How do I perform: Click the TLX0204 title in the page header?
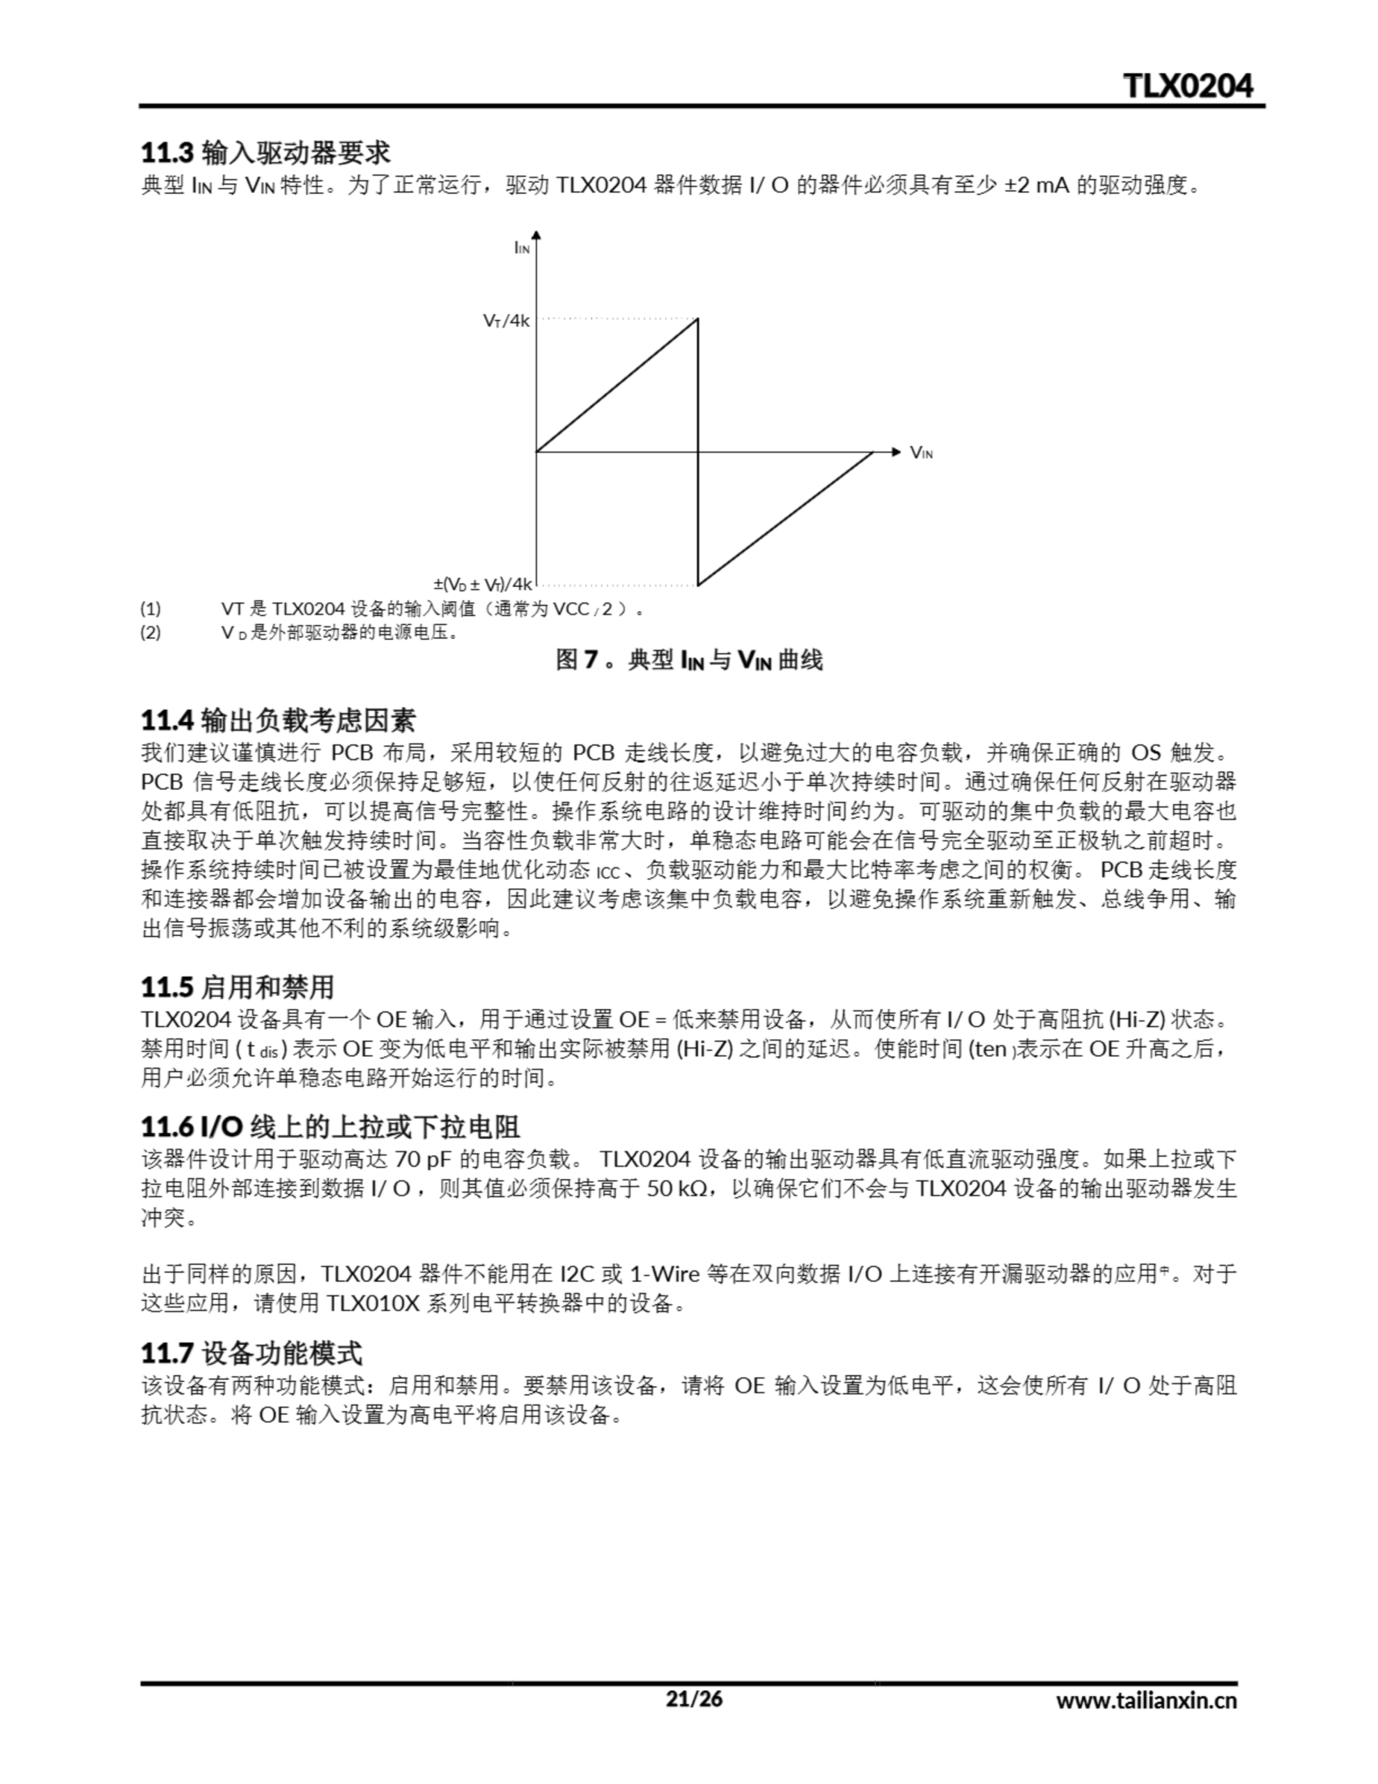[1188, 86]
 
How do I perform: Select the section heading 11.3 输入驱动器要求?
[265, 153]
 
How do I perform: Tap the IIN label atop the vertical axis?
[521, 247]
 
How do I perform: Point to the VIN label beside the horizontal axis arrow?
[920, 452]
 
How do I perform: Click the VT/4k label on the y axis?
[506, 320]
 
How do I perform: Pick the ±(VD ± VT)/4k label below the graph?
[483, 584]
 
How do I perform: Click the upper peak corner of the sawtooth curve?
[697, 318]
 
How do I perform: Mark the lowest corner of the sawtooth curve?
[697, 585]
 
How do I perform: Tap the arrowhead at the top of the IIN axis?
[536, 236]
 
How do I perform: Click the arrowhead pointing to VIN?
[895, 452]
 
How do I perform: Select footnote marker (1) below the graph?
[150, 608]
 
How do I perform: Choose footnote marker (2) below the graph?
[150, 632]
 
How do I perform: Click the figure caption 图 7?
[688, 660]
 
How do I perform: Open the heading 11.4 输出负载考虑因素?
[279, 721]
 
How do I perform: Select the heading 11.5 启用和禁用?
[238, 987]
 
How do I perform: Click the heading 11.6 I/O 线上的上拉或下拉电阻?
[330, 1128]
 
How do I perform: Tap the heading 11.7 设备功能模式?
[251, 1353]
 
